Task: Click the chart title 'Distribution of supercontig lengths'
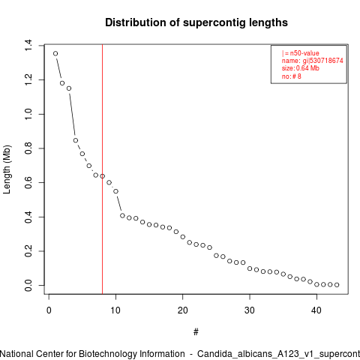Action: pos(196,22)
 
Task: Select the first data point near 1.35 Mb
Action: pos(55,53)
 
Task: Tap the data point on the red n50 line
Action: pos(102,176)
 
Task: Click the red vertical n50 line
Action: pos(103,169)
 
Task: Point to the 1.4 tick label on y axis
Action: pos(28,45)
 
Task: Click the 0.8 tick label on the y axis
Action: pos(28,148)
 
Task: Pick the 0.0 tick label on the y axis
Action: pos(28,285)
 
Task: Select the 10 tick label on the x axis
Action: pos(115,310)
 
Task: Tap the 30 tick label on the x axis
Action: pos(250,310)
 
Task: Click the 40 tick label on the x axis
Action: pos(316,310)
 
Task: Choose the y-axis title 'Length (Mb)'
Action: pos(7,169)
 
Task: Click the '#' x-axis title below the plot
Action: pos(196,332)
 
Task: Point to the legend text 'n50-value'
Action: pos(304,53)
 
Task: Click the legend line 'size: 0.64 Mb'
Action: pos(301,68)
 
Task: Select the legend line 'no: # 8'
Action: pos(292,76)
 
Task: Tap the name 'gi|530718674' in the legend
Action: pos(322,61)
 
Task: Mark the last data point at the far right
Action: pos(337,285)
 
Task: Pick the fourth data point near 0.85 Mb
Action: pos(76,140)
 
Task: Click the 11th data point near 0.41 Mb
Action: pos(122,215)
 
